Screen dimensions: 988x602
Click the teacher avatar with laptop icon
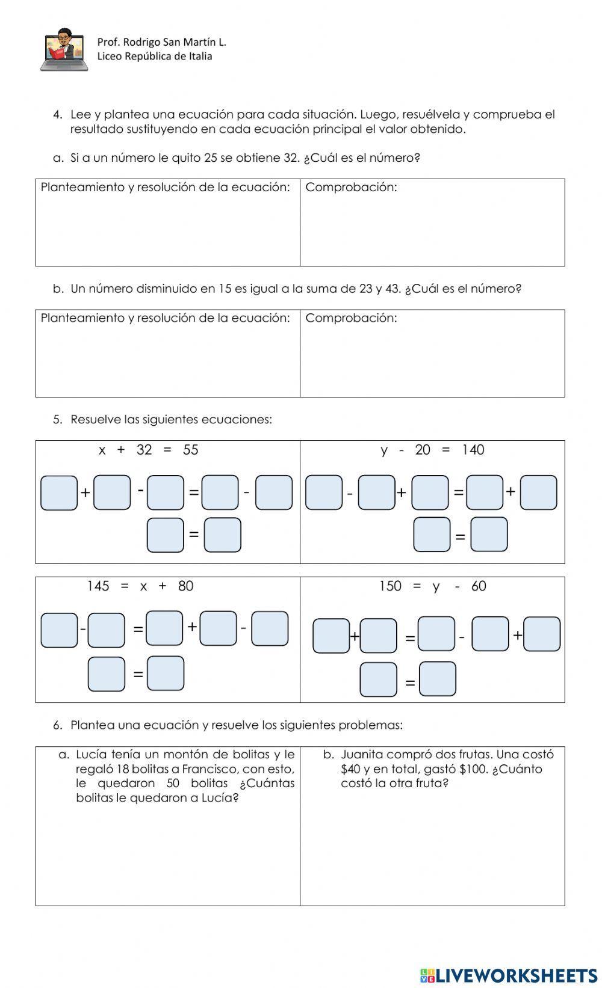(64, 50)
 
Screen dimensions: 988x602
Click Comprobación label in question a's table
(351, 187)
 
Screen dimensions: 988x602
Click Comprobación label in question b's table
(351, 318)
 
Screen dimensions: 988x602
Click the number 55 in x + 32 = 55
(190, 450)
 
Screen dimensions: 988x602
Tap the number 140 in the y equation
(473, 450)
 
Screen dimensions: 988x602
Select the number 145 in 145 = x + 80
(98, 586)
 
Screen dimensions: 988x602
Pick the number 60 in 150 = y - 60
(479, 586)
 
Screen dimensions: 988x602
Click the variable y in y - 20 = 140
(384, 450)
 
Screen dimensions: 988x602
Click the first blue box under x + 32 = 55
(59, 493)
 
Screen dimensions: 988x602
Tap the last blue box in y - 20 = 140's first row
(538, 492)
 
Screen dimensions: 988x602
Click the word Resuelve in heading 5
(96, 419)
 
